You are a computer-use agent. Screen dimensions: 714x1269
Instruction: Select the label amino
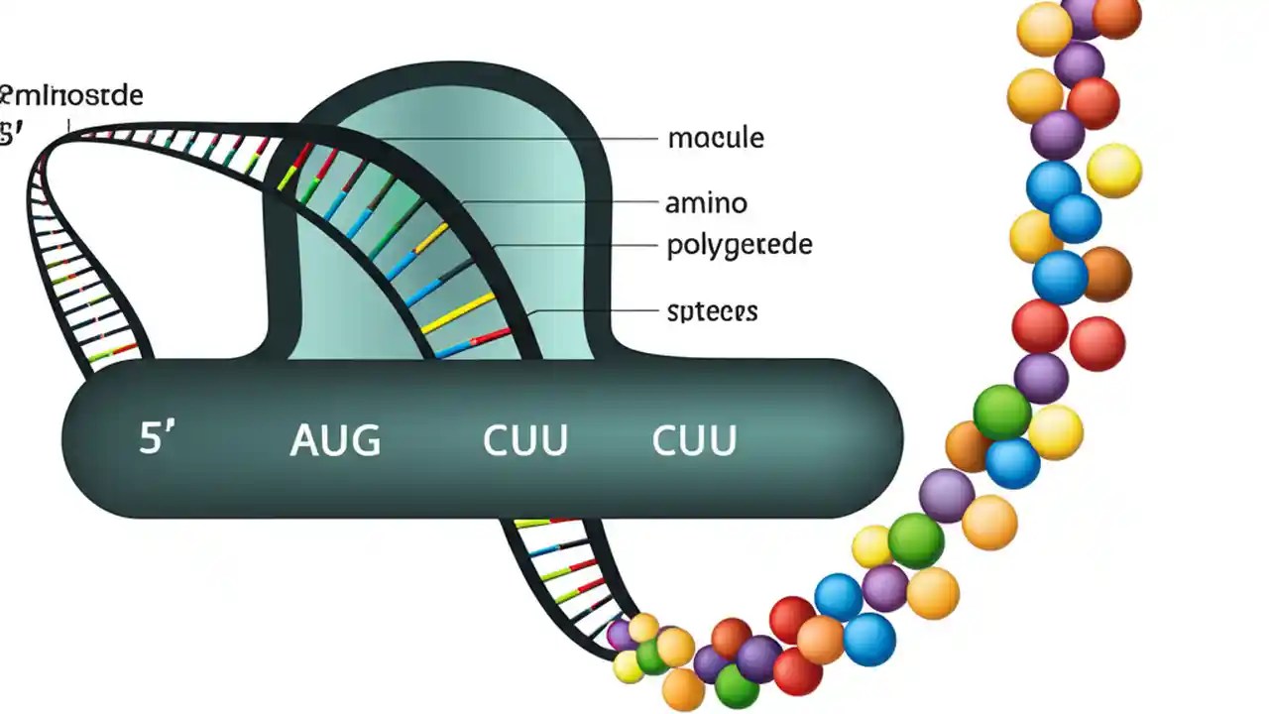[x=705, y=203]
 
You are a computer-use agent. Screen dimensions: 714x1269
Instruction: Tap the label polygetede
[x=740, y=244]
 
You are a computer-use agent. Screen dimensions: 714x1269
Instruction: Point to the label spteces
[x=712, y=311]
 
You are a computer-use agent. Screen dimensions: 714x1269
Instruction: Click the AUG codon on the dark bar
[x=335, y=440]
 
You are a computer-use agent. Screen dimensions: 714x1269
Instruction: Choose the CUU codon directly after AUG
[x=524, y=440]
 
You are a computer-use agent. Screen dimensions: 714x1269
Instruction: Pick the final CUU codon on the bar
[x=694, y=440]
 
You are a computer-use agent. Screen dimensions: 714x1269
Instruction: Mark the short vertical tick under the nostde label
[x=68, y=126]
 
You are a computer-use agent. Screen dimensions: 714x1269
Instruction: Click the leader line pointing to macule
[x=516, y=138]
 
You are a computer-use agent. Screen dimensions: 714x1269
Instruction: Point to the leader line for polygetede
[x=575, y=244]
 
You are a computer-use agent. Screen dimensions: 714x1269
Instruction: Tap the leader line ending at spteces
[x=595, y=311]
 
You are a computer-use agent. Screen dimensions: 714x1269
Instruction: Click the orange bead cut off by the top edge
[x=1116, y=14]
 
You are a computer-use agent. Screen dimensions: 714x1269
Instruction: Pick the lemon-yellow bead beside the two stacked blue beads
[x=1114, y=171]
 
